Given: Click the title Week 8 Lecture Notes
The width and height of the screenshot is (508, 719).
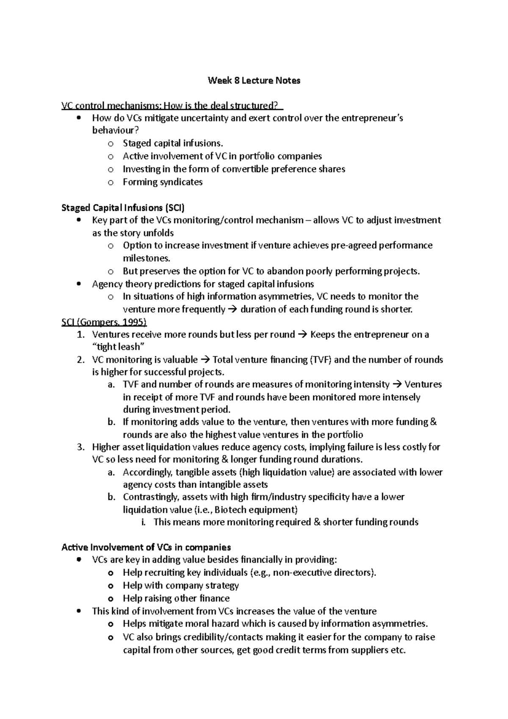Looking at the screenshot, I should click(x=254, y=80).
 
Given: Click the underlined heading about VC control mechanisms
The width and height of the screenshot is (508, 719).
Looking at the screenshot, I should click(x=172, y=105).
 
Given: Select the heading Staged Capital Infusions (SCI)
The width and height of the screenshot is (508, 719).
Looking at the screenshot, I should click(x=123, y=207).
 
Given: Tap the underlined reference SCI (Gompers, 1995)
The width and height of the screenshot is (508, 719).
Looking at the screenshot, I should click(x=104, y=322).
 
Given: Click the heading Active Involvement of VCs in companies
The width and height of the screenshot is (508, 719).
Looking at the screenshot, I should click(x=146, y=547).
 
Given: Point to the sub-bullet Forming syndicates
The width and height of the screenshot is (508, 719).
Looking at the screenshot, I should click(x=163, y=182).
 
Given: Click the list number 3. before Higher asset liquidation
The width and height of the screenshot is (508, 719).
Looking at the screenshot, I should click(x=80, y=447).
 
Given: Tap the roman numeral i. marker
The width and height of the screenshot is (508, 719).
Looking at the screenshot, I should click(x=144, y=522).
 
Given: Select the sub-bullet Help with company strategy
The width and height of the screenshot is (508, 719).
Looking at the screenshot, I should click(x=181, y=586).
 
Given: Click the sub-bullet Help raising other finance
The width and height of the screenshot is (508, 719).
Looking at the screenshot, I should click(x=176, y=598).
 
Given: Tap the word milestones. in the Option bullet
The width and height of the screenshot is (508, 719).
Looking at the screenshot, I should click(x=146, y=258).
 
